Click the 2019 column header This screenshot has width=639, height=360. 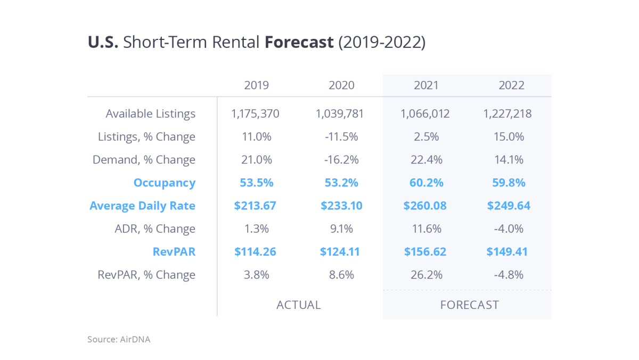pos(256,85)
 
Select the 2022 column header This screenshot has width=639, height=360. pos(511,85)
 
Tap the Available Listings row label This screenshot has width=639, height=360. pos(150,114)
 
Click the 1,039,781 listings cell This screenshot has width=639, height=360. pos(341,114)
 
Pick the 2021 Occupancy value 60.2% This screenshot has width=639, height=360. pos(425,183)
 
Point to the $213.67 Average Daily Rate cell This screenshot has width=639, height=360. pos(255,206)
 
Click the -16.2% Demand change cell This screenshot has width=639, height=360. pos(341,160)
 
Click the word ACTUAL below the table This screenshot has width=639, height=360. pos(298,305)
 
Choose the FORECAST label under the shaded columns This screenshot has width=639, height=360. pos(469,305)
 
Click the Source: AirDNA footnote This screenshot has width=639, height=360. pos(119,339)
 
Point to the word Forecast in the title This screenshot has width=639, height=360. pos(299,43)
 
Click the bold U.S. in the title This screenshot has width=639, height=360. pos(103,43)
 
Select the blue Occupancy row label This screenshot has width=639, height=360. pos(164,183)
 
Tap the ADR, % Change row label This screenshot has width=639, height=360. pos(155,229)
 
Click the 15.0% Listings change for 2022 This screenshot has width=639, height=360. pos(511,137)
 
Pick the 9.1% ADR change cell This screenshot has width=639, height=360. pos(341,229)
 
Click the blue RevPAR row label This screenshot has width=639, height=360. pos(174,251)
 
